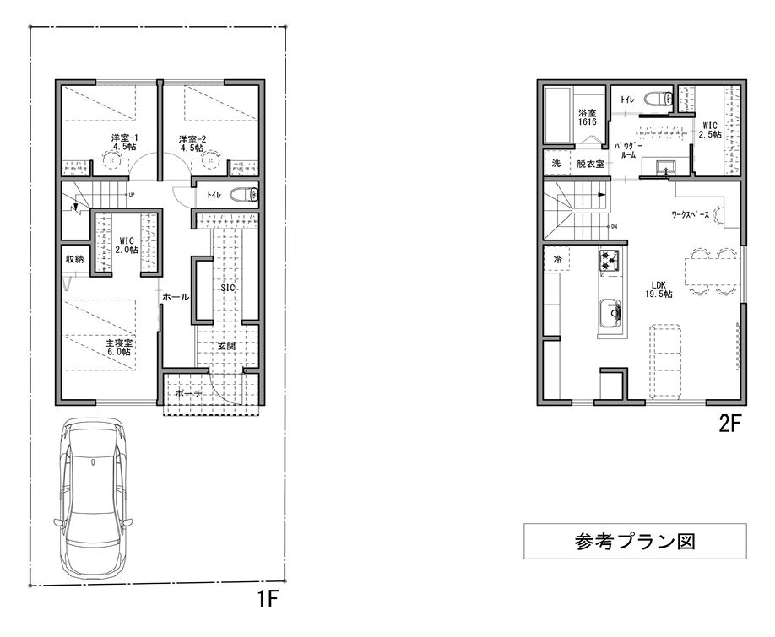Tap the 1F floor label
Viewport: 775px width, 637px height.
pos(268,600)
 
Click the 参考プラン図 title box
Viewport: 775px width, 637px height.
pos(635,541)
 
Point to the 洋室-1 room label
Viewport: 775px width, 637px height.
pos(123,143)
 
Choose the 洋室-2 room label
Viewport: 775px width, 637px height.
pos(192,143)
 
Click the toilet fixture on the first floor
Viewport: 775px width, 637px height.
pos(245,195)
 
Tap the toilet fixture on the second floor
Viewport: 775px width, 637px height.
pos(659,99)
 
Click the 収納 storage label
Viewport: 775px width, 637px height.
pos(74,259)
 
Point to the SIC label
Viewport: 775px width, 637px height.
pos(228,288)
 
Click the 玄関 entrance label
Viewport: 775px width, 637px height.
pos(227,346)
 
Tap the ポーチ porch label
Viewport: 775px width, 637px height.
pos(189,393)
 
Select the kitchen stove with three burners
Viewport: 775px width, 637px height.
pos(610,260)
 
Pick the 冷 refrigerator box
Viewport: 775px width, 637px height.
pos(556,259)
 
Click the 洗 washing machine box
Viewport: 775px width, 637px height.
pos(556,163)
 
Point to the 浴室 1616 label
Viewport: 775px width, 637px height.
pos(588,117)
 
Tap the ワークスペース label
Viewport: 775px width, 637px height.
pos(691,214)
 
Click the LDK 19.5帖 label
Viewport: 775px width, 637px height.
pos(658,289)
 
